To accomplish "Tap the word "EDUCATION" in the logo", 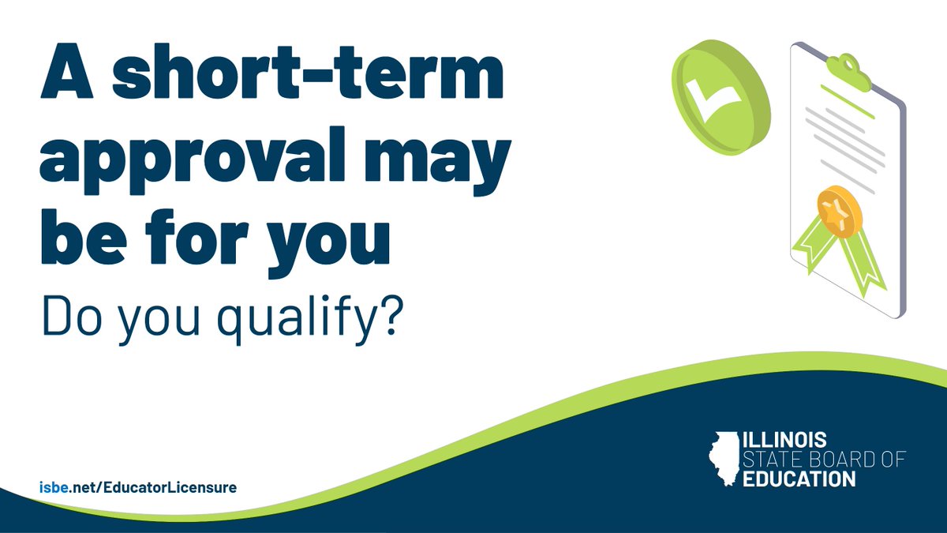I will click(799, 479).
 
